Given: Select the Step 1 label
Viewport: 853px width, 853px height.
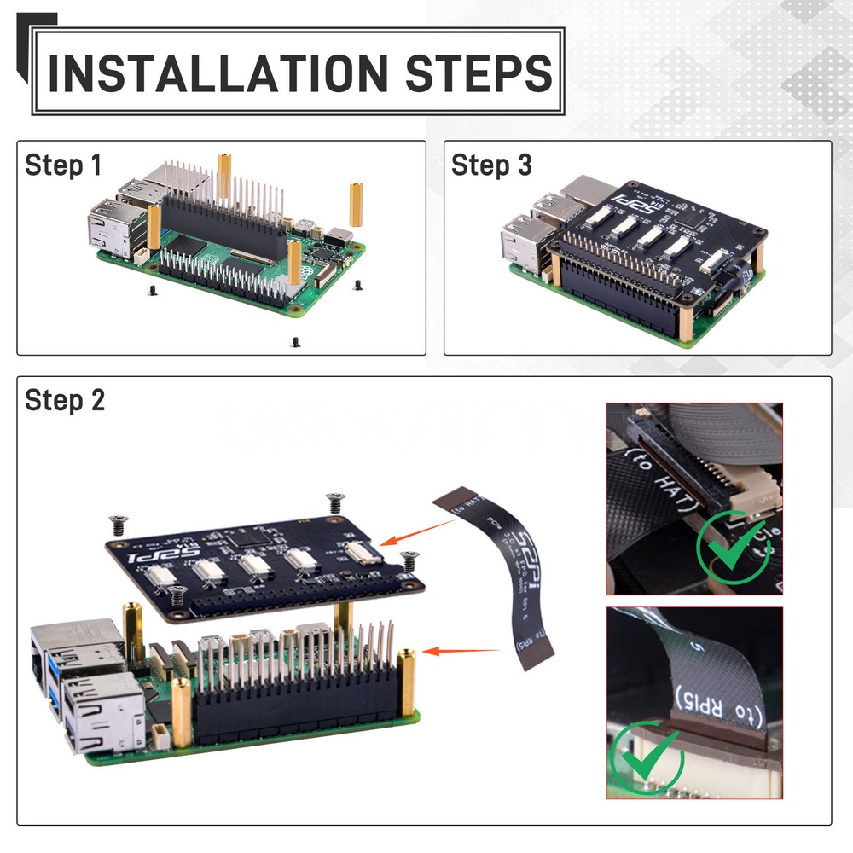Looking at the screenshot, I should point(63,165).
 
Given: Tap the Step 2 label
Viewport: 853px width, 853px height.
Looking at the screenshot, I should point(65,400).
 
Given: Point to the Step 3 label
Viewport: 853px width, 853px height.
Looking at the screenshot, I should point(491,165).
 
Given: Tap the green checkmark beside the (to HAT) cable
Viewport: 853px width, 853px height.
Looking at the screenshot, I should point(731,546).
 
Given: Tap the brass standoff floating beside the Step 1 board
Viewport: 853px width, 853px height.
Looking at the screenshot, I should point(355,204).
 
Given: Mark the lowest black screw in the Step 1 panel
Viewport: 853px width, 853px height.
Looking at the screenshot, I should point(295,342).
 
